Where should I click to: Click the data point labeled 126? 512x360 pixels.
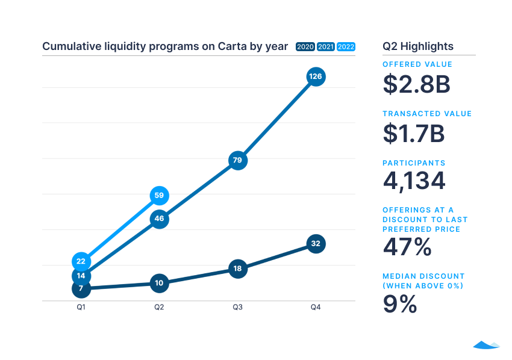pos(316,76)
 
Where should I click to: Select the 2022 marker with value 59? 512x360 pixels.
pos(159,196)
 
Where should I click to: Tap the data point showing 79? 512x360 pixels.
pos(238,160)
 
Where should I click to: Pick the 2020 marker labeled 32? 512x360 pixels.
pos(316,244)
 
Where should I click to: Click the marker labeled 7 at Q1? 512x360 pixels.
pos(81,289)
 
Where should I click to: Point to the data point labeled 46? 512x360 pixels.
pos(159,219)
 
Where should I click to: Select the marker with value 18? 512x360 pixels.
pos(238,268)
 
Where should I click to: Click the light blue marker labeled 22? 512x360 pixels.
pos(81,261)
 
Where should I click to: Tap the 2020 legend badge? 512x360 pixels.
pos(305,47)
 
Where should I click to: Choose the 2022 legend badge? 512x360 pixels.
pos(346,47)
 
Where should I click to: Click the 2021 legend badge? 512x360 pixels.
pos(326,47)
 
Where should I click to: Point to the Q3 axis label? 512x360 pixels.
pos(238,308)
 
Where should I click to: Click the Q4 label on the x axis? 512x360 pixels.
pos(316,308)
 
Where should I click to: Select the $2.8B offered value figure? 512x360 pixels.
pos(416,84)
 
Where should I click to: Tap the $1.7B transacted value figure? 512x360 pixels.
pos(414,134)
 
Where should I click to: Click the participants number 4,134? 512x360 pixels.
pos(414,181)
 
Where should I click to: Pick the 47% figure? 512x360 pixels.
pos(407,247)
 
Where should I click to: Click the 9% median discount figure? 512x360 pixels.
pos(400,304)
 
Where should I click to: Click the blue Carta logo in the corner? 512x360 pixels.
pos(486,345)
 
